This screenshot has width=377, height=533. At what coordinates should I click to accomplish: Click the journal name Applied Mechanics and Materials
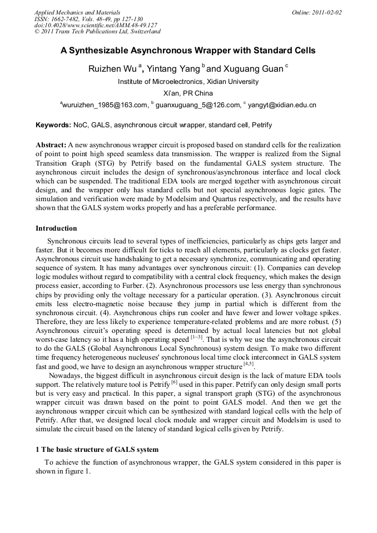click(x=77, y=12)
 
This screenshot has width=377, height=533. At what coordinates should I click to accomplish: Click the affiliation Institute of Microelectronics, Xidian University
click(x=188, y=82)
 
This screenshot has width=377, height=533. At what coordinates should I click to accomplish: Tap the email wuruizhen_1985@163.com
click(x=105, y=104)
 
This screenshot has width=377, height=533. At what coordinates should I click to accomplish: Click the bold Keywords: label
click(x=53, y=126)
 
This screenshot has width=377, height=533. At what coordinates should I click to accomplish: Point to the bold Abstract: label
click(x=51, y=145)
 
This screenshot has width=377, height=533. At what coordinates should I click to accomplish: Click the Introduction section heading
click(x=56, y=228)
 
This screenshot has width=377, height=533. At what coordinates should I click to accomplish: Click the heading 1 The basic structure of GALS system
click(x=97, y=449)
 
